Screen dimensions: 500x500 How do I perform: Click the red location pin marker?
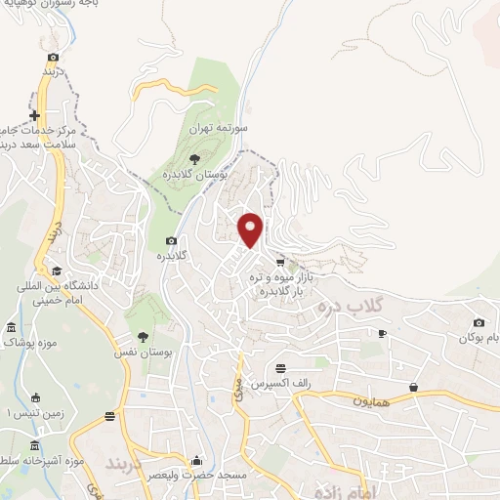[x=251, y=229]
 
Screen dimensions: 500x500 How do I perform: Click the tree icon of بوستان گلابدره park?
[x=195, y=156]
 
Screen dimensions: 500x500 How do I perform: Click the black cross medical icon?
[x=35, y=115]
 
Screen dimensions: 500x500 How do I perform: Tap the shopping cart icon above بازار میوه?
[x=280, y=262]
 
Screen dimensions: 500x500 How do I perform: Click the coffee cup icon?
[x=382, y=334]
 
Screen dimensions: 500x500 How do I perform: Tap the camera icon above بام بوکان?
[x=479, y=323]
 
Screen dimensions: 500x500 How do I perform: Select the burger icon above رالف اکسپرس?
[x=281, y=368]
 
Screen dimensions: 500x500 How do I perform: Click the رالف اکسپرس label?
[x=273, y=385]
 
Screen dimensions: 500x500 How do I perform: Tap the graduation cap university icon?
[x=57, y=271]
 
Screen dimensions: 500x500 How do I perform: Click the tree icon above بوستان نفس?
[x=143, y=335]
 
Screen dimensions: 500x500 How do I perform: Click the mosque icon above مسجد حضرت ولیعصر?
[x=198, y=460]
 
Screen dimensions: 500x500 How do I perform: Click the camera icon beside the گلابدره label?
[x=172, y=240]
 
